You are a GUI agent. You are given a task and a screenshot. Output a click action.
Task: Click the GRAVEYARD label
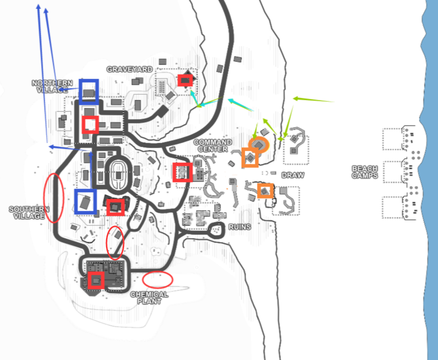click(x=130, y=69)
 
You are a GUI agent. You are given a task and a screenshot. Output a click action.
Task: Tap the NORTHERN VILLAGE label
click(x=52, y=86)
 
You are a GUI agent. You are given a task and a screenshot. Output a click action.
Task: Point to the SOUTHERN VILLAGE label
click(x=29, y=213)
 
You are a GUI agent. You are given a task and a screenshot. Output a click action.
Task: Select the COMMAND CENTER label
click(x=213, y=146)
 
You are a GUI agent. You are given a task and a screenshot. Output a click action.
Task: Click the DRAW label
click(x=293, y=175)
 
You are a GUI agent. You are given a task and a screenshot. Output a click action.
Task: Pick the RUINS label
click(x=240, y=227)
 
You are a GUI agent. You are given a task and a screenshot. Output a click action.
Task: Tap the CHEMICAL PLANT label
click(x=149, y=298)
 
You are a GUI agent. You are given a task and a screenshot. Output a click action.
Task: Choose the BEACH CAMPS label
click(x=365, y=172)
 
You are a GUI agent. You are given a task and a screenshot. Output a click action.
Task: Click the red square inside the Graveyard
click(x=185, y=80)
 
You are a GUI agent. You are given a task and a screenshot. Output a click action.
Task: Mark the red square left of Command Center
click(x=183, y=172)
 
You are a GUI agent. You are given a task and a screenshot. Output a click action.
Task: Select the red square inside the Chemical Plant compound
click(x=96, y=280)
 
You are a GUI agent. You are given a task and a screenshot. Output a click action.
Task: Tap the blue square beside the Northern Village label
click(x=89, y=92)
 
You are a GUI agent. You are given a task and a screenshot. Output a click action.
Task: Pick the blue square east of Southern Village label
click(x=86, y=202)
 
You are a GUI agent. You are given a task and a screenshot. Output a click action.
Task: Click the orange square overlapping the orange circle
click(x=250, y=158)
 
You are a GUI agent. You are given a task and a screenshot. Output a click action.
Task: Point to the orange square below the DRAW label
click(x=265, y=191)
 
